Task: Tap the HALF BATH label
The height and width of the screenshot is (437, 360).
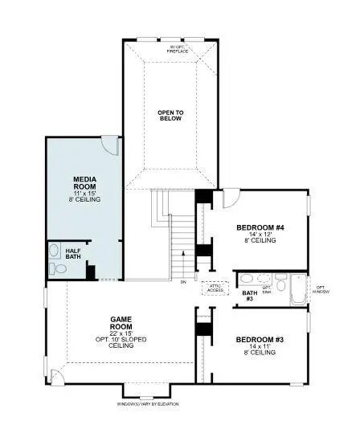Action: (73, 253)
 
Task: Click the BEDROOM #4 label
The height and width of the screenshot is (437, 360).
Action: (259, 228)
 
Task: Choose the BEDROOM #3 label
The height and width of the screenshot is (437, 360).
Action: (259, 339)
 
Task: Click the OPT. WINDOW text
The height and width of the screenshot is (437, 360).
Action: (320, 289)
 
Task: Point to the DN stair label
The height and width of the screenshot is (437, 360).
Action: (183, 282)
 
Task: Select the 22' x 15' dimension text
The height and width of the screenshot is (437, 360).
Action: (121, 333)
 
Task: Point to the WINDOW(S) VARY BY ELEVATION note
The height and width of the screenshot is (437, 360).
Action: (147, 403)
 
